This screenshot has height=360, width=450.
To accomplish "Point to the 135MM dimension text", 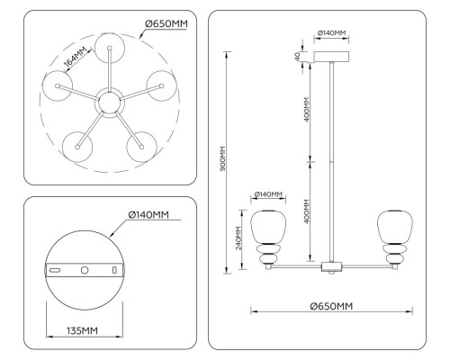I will click(x=82, y=331).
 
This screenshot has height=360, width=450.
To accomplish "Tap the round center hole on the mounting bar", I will click(x=85, y=269).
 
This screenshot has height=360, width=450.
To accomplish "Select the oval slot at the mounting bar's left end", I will click(x=55, y=269).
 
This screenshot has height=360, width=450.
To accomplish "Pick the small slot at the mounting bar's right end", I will click(x=114, y=269).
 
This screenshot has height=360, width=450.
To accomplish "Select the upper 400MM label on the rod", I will click(x=308, y=108).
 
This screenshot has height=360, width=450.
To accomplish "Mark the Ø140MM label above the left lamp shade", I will click(x=268, y=194).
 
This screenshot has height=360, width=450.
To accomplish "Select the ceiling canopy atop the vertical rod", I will click(x=332, y=57).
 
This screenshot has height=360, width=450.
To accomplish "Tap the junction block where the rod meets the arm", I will click(x=332, y=266).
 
